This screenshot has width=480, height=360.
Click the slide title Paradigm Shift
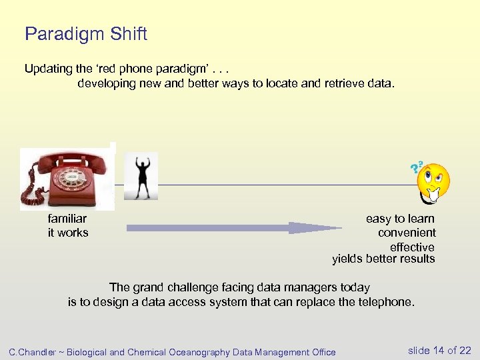[85, 34]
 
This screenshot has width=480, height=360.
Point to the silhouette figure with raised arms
[141, 177]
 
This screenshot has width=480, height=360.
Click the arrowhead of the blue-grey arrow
[313, 228]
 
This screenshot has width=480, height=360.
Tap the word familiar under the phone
[67, 219]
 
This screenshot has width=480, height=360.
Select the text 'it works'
[67, 233]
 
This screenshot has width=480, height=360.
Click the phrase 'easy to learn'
[400, 219]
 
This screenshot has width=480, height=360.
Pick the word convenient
[407, 233]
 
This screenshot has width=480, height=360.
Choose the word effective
[412, 247]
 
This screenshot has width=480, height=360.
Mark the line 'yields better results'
[383, 259]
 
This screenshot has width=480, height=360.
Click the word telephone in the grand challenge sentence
[385, 302]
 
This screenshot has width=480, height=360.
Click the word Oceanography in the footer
[199, 352]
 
